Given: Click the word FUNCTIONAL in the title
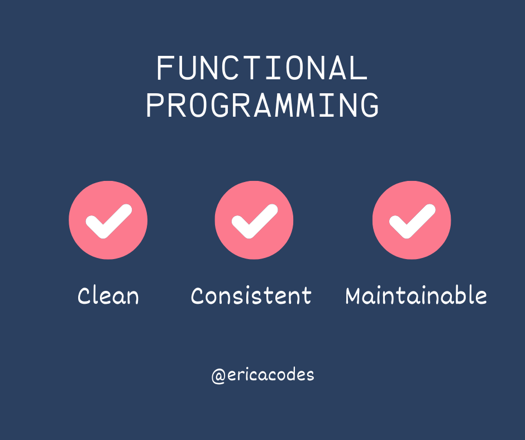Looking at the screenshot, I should [x=262, y=69].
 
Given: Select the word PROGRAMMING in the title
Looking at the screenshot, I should [x=262, y=106].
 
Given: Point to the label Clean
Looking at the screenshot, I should [x=108, y=295].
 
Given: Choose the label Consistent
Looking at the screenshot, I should [x=251, y=295].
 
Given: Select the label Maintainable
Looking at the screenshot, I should [x=416, y=295].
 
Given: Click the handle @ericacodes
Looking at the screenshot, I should [x=262, y=375].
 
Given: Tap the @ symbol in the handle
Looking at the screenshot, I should [x=218, y=376].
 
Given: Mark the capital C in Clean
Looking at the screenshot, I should [x=84, y=296].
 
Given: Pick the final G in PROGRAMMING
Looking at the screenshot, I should [x=369, y=106].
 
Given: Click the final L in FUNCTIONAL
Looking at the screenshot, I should [x=359, y=69].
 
